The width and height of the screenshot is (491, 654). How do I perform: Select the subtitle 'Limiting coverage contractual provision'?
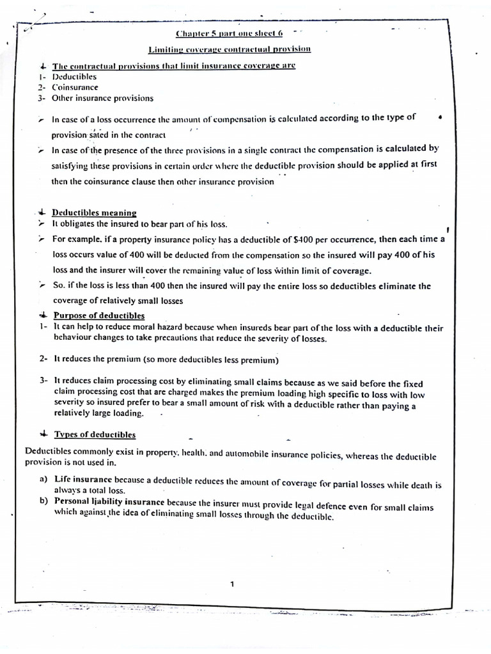pyautogui.click(x=229, y=49)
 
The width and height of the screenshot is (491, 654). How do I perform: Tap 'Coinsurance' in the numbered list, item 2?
pyautogui.click(x=75, y=87)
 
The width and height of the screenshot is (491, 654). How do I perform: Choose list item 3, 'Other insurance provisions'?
pyautogui.click(x=102, y=98)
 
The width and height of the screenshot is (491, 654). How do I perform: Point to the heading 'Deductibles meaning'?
pyautogui.click(x=94, y=213)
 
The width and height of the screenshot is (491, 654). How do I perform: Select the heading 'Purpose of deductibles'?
pyautogui.click(x=98, y=316)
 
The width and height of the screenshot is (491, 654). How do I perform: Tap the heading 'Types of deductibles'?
pyautogui.click(x=95, y=434)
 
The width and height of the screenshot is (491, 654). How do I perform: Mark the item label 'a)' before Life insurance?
pyautogui.click(x=44, y=479)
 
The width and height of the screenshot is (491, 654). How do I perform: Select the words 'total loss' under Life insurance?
pyautogui.click(x=104, y=490)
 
